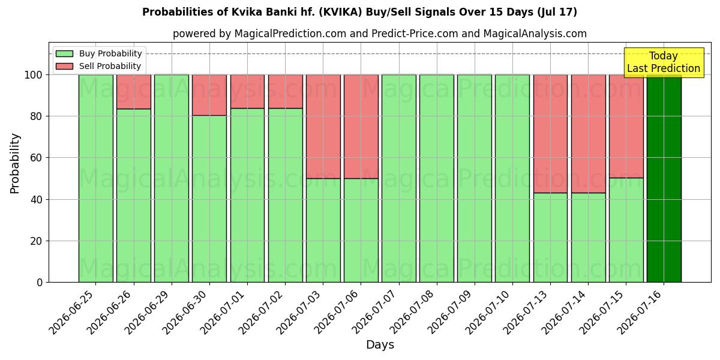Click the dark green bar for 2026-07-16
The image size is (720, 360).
pos(664,179)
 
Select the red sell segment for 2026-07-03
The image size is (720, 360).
pos(323,127)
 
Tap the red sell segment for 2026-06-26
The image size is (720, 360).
pos(134,92)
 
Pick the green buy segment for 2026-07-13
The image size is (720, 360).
pos(551,238)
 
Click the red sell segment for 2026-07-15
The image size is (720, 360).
pos(626,127)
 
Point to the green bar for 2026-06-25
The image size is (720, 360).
pos(96,179)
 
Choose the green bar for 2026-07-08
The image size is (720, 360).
pos(437,179)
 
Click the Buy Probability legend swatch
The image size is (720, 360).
pos(64,53)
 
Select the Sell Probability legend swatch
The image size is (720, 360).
pos(64,66)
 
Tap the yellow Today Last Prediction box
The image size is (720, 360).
pos(664,62)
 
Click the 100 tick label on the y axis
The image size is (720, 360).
pos(34,75)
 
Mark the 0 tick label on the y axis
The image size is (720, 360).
pos(40,283)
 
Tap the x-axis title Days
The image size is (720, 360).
pos(380,345)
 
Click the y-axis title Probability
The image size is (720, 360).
pos(15,163)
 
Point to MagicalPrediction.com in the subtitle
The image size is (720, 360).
pos(290,34)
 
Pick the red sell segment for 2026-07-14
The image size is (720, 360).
pos(589,134)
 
